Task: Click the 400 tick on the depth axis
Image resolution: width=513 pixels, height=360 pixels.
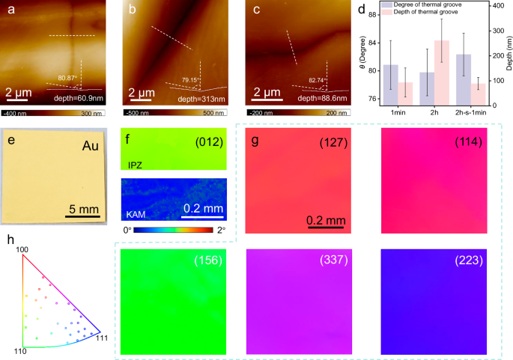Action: point(502,6)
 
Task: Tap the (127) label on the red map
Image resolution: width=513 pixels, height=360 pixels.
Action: point(334,142)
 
